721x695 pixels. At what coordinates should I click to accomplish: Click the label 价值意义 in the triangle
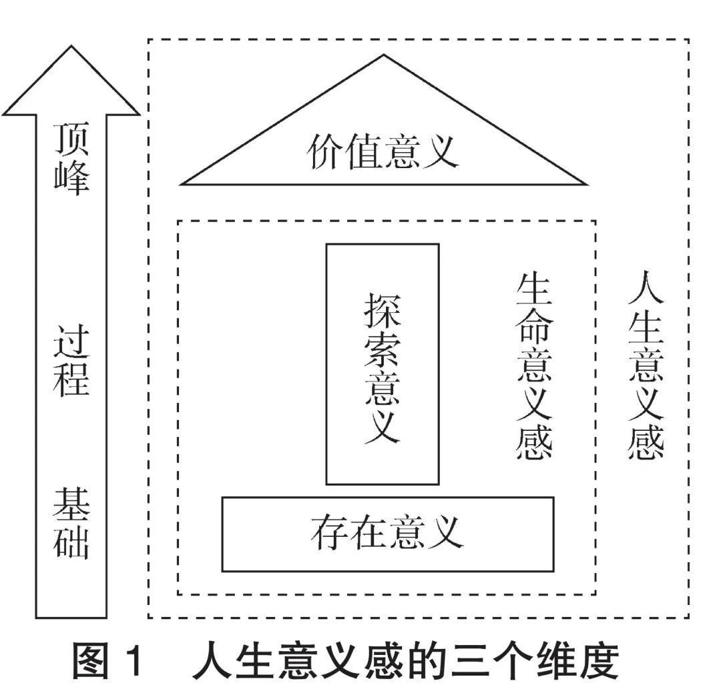(383, 152)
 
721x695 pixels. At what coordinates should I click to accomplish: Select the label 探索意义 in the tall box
(382, 368)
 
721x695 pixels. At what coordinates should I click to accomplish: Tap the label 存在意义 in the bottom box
(387, 533)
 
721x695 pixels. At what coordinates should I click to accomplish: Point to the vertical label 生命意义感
(534, 366)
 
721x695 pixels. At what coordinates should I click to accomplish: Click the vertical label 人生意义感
(646, 365)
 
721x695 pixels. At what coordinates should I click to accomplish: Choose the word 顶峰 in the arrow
(71, 159)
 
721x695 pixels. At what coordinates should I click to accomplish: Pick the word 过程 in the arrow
(71, 361)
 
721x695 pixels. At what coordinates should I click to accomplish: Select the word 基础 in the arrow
(71, 524)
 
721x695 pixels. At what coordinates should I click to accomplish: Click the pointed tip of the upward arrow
(71, 45)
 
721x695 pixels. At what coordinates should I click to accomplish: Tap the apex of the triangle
(383, 55)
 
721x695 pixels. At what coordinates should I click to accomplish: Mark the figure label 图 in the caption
(91, 661)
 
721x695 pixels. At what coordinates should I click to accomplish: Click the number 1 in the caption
(134, 661)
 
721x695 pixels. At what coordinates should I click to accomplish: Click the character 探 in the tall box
(382, 311)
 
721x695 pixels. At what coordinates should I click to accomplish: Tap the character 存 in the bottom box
(329, 533)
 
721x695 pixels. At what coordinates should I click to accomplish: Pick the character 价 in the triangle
(326, 152)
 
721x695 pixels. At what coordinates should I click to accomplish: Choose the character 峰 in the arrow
(71, 178)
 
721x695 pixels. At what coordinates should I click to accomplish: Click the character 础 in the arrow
(71, 542)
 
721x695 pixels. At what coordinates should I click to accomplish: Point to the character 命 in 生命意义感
(534, 328)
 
